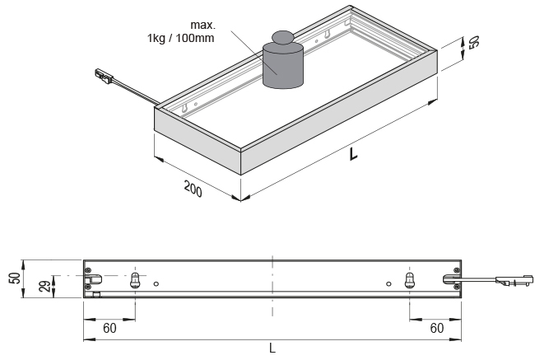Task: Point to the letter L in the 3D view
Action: (x=353, y=153)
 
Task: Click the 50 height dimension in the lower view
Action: (x=14, y=277)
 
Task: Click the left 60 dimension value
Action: (x=109, y=328)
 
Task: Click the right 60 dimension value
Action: (x=437, y=328)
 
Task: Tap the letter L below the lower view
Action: (x=272, y=348)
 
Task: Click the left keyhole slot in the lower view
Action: (x=137, y=280)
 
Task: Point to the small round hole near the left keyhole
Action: (x=156, y=285)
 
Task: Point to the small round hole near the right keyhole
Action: (x=388, y=285)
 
